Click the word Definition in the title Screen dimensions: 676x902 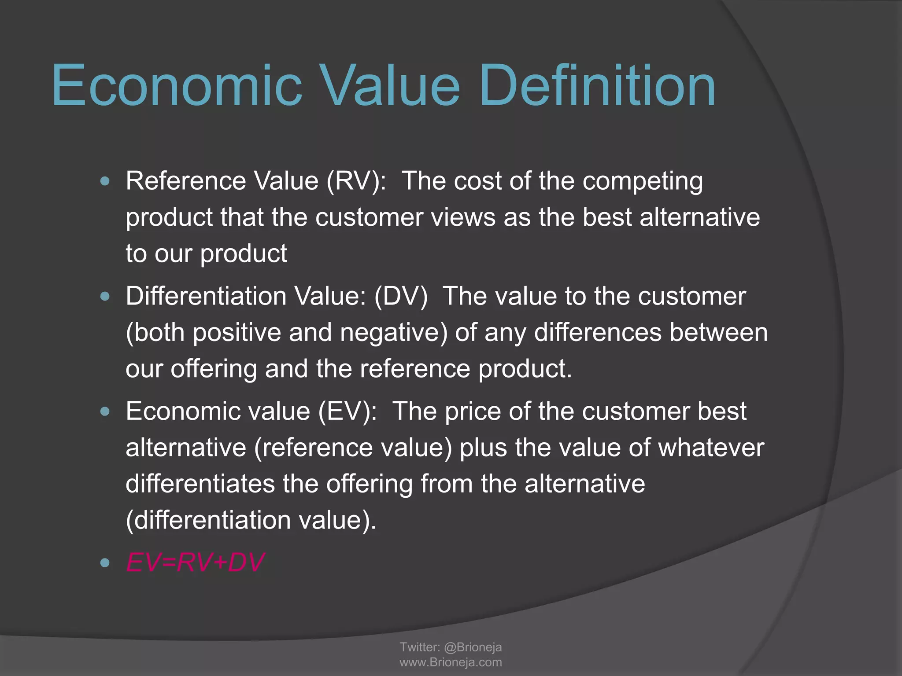click(597, 86)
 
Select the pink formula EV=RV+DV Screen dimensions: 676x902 click(195, 562)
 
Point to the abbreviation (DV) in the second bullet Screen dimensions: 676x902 click(401, 296)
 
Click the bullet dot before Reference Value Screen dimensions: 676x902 click(105, 181)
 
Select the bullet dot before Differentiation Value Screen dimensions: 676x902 click(105, 296)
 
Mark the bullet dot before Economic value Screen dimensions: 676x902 click(105, 411)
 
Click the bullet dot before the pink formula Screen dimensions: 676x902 click(105, 562)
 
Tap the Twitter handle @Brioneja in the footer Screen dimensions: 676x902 click(473, 647)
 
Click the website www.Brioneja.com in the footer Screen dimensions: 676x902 click(451, 662)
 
